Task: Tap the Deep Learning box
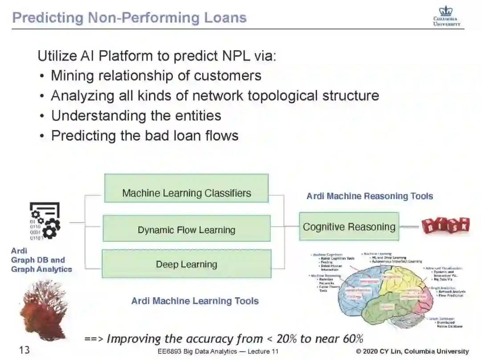click(x=186, y=264)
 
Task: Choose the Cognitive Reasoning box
click(x=349, y=227)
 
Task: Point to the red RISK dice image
click(x=446, y=226)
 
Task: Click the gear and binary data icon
click(x=45, y=221)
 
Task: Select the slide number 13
click(x=24, y=350)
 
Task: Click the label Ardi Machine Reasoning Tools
click(x=370, y=196)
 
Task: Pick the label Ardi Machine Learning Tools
click(x=195, y=301)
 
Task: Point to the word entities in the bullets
click(x=196, y=116)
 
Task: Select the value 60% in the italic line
click(x=353, y=339)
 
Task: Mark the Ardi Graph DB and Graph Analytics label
click(x=41, y=260)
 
